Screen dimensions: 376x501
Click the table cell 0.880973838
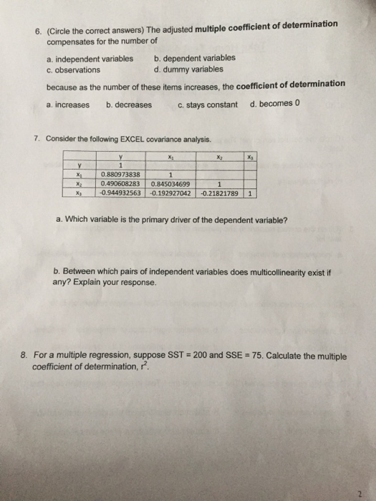coord(122,172)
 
